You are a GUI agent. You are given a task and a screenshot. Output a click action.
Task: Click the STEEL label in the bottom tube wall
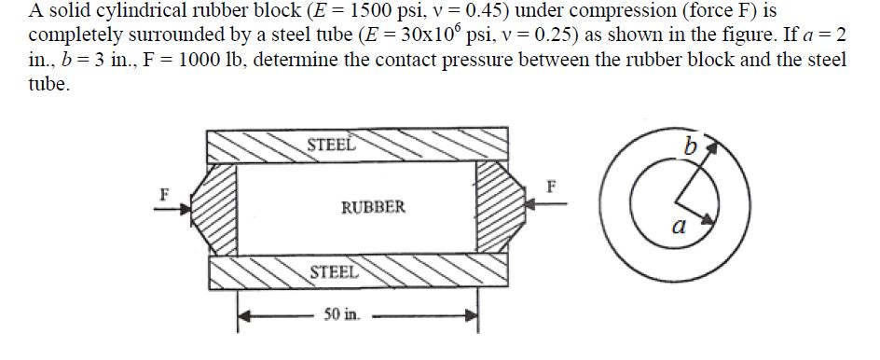(x=332, y=272)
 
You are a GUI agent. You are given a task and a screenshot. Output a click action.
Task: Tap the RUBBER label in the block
(x=374, y=207)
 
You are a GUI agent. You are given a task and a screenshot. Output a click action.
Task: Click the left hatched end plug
(x=221, y=208)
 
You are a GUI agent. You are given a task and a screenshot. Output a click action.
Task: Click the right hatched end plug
(x=492, y=208)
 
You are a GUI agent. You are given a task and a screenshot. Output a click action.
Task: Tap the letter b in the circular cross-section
(x=690, y=146)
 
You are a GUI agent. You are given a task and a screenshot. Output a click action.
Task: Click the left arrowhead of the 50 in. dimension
(x=245, y=315)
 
